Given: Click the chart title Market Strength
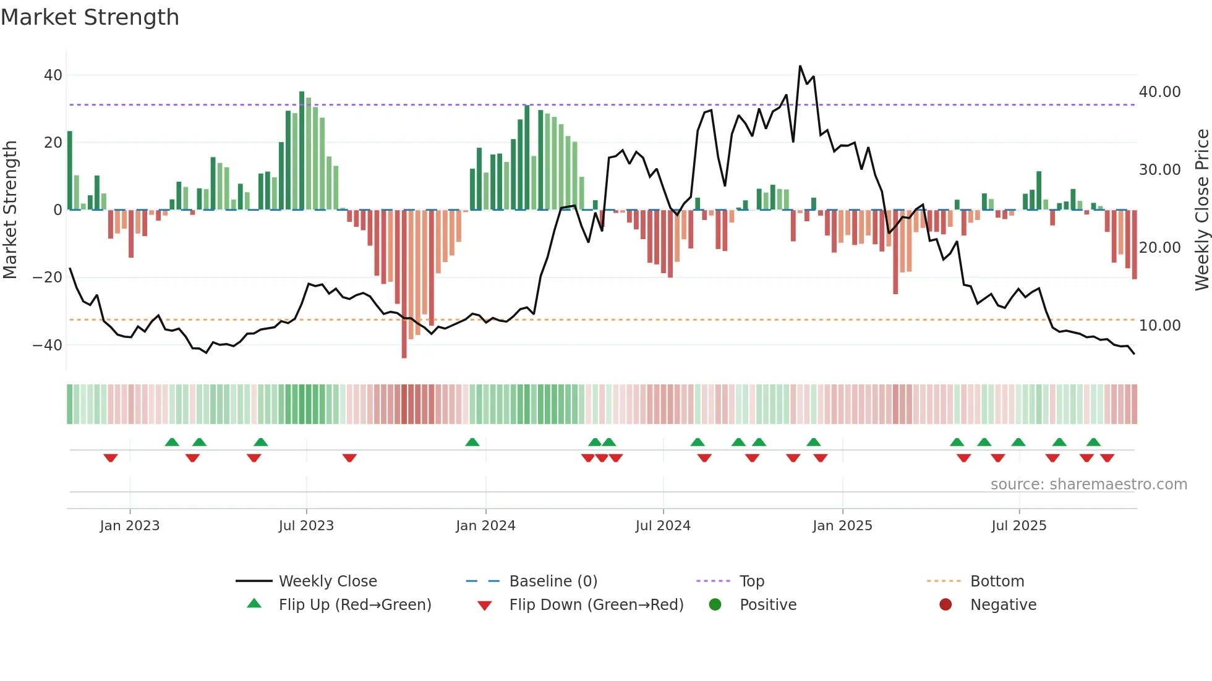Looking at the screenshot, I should tap(90, 17).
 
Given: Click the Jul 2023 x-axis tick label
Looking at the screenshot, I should tap(306, 526).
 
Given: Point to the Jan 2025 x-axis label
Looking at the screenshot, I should tap(842, 526).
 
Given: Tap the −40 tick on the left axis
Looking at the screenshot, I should tap(47, 345).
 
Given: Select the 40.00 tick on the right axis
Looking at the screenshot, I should tap(1159, 92).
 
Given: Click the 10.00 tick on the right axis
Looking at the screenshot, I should tap(1159, 326).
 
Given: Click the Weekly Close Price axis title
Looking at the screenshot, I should tap(1201, 210).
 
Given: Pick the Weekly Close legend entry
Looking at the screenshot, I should tap(327, 582).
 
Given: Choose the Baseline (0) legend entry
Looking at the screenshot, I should tap(553, 582).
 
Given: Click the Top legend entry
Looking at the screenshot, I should tap(751, 582).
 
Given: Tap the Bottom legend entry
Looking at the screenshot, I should tap(997, 582).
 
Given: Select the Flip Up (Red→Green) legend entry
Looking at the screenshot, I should tap(354, 605).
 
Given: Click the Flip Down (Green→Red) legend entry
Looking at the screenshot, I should tap(596, 605).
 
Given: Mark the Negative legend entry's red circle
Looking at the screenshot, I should tap(945, 605).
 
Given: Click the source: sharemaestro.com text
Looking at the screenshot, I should tap(1088, 484).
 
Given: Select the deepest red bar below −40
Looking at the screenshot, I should tap(404, 284).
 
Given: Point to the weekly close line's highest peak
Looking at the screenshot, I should tap(800, 66).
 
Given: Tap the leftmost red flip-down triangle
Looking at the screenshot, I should tap(111, 458).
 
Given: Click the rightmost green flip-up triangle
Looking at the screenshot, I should tap(1093, 442).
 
